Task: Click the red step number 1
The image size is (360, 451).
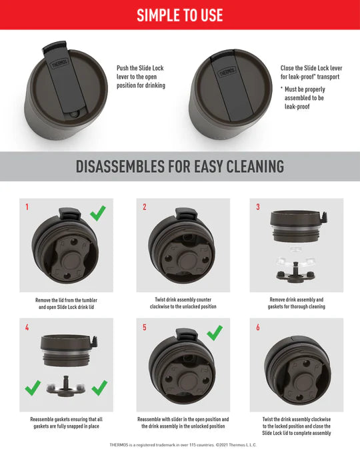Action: (27, 207)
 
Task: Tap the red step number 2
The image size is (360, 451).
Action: (145, 207)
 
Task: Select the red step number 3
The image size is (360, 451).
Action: (258, 207)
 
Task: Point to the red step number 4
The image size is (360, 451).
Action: (27, 327)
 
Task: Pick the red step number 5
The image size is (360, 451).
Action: (145, 327)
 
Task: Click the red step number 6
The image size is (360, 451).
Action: (258, 327)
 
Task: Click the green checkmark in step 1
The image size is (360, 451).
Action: (98, 213)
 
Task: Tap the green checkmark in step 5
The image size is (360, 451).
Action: (215, 333)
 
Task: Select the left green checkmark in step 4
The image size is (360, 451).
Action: (33, 388)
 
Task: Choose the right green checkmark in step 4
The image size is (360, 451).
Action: (100, 388)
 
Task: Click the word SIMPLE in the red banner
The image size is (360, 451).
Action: (155, 15)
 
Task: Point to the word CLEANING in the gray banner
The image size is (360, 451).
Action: (255, 167)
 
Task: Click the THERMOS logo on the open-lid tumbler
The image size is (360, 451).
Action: (60, 63)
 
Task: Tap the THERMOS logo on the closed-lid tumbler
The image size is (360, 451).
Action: (227, 72)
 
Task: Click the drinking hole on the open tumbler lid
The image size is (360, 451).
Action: (74, 115)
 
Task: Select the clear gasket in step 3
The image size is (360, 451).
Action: (295, 261)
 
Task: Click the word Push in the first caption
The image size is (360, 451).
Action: (123, 68)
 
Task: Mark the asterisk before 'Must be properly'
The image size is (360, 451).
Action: (282, 87)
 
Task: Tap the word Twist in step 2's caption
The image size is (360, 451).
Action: (160, 300)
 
